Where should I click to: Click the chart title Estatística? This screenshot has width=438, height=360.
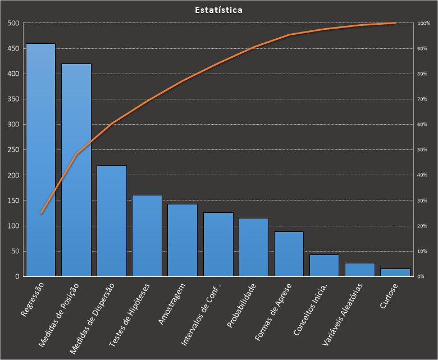[219, 10]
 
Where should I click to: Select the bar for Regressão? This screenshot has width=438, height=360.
[40, 160]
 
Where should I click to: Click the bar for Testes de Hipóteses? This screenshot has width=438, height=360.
[147, 236]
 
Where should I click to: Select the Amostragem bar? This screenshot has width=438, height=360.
[182, 240]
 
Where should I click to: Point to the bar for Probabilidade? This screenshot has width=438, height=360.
[253, 247]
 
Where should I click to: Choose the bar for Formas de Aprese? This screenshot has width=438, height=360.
[289, 254]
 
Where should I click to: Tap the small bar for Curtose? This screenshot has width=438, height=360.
[395, 272]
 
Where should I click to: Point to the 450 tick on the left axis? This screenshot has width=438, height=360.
[13, 49]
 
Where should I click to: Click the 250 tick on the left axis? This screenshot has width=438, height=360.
[13, 150]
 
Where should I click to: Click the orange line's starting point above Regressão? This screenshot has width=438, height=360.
[41, 213]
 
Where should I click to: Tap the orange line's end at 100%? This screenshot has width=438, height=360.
[395, 23]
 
